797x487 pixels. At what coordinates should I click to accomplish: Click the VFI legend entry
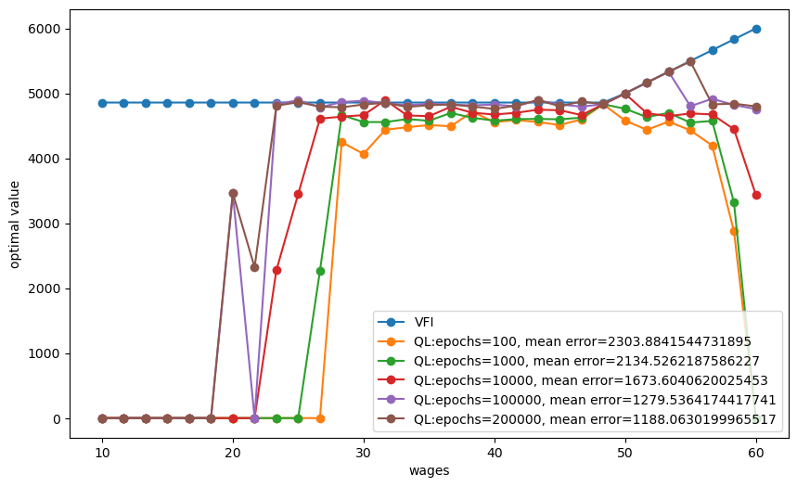[405, 322]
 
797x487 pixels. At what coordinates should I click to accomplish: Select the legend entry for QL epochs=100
[564, 341]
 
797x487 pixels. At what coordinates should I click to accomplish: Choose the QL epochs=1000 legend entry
[568, 361]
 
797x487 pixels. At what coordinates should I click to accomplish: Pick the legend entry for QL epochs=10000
[572, 380]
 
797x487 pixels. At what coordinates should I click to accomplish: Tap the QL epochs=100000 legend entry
[576, 400]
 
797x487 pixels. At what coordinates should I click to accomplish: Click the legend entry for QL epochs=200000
[576, 419]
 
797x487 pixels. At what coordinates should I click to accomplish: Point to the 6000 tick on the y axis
[45, 29]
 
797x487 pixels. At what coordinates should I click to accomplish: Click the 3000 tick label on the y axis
[45, 224]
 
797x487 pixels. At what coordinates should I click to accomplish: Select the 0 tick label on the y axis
[57, 419]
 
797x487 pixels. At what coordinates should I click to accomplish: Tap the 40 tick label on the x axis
[495, 453]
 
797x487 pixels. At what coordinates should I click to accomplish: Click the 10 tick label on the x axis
[102, 453]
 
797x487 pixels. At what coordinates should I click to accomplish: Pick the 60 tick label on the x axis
[756, 453]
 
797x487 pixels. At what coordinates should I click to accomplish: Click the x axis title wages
[429, 470]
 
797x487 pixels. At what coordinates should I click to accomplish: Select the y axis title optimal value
[14, 224]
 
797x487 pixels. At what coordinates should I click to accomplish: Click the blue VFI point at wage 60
[756, 29]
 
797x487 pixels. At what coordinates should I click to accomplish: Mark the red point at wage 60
[756, 195]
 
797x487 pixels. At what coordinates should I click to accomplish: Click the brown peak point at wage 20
[233, 193]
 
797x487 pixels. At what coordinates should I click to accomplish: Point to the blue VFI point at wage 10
[102, 103]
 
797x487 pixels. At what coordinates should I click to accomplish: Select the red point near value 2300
[276, 270]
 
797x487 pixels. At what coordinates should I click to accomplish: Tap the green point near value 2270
[320, 271]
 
